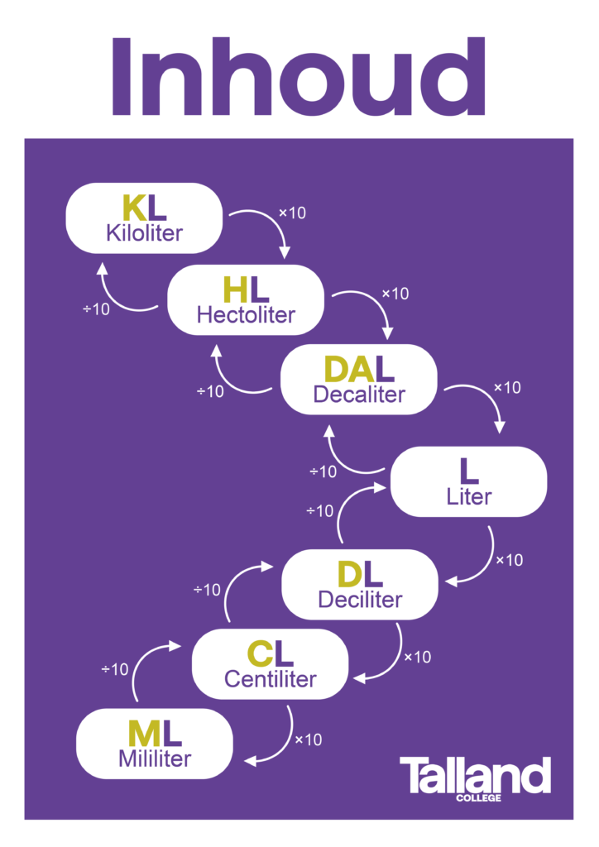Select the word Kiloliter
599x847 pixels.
pos(144,232)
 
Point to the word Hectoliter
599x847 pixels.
pos(246,314)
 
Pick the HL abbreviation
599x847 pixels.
pos(246,290)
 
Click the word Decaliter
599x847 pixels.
pos(359,395)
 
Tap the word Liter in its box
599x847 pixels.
pos(468,497)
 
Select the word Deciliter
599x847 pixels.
pos(360,599)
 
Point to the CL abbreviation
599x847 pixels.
pos(271,654)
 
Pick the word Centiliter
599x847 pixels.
pos(271,679)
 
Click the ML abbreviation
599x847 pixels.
pos(154,733)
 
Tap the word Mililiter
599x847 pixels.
pos(154,758)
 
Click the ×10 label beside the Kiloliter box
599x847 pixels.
pos(292,213)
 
